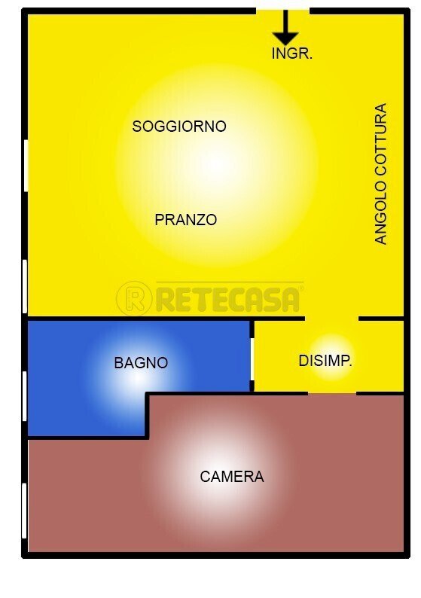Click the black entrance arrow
(x=285, y=29)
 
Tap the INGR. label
(x=291, y=53)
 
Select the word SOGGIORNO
(x=179, y=127)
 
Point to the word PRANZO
(x=186, y=220)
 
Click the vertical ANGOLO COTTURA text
(x=381, y=173)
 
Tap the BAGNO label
(x=141, y=363)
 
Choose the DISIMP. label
(x=325, y=361)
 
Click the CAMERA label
(x=232, y=477)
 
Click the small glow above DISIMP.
(x=331, y=343)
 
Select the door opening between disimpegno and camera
(x=331, y=392)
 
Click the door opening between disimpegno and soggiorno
(x=331, y=318)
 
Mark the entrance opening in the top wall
(x=282, y=10)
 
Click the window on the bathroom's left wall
(x=25, y=395)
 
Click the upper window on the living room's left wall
(x=25, y=166)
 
